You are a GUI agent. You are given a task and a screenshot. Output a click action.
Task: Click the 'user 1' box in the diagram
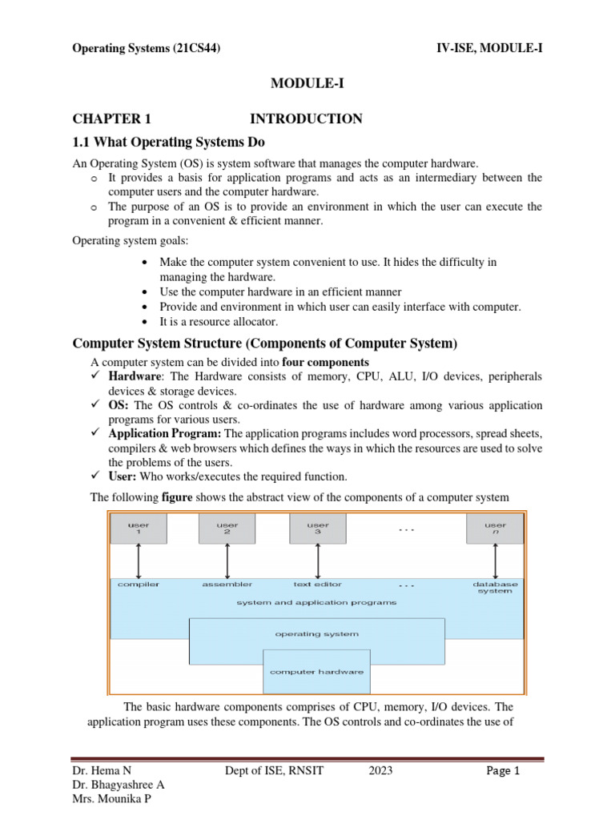(x=139, y=529)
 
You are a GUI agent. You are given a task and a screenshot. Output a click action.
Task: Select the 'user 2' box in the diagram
(x=227, y=529)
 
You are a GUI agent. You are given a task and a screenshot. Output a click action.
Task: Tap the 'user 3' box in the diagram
(x=318, y=529)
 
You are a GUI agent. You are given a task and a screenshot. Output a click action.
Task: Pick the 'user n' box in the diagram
(x=495, y=529)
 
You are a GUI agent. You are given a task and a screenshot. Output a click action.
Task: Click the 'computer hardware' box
(x=316, y=671)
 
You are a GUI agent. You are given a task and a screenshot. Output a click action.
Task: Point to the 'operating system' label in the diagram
(x=316, y=633)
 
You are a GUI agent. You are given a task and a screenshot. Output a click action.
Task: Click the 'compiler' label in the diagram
(x=139, y=585)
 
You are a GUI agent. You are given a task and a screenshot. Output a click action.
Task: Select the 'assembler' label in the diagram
(x=227, y=585)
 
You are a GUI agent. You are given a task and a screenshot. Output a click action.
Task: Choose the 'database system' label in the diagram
(x=495, y=588)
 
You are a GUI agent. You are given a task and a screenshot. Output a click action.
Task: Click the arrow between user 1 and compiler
(x=139, y=561)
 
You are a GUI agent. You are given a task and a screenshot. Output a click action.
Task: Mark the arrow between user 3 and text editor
(x=318, y=561)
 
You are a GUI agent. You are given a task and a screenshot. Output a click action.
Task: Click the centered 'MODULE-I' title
(x=307, y=83)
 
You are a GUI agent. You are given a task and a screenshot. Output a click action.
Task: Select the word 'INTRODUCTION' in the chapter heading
(x=306, y=119)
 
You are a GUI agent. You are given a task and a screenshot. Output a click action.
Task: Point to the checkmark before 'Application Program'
(x=95, y=433)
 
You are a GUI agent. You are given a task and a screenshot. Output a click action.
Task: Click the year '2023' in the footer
(x=380, y=772)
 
